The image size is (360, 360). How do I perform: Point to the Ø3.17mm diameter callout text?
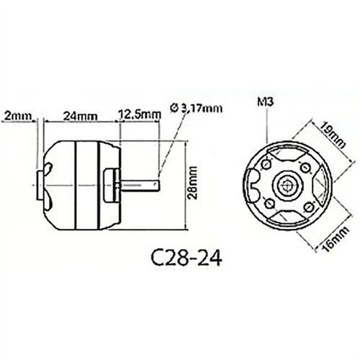click(197, 107)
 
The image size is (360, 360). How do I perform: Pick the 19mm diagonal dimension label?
click(330, 132)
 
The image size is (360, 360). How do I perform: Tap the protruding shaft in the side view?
click(140, 186)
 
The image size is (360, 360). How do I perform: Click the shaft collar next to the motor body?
click(113, 184)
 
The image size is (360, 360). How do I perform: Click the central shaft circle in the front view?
click(289, 186)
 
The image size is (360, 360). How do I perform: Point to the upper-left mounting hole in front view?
click(269, 165)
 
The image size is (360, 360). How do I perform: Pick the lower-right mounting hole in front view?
click(309, 207)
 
